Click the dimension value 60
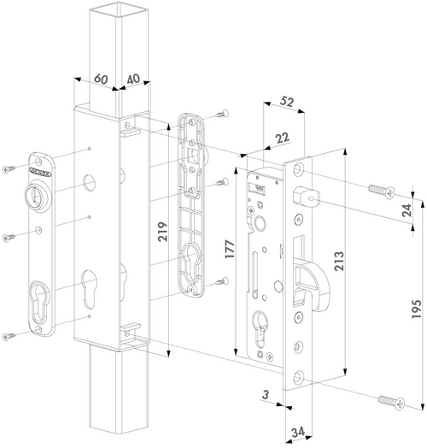102,78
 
